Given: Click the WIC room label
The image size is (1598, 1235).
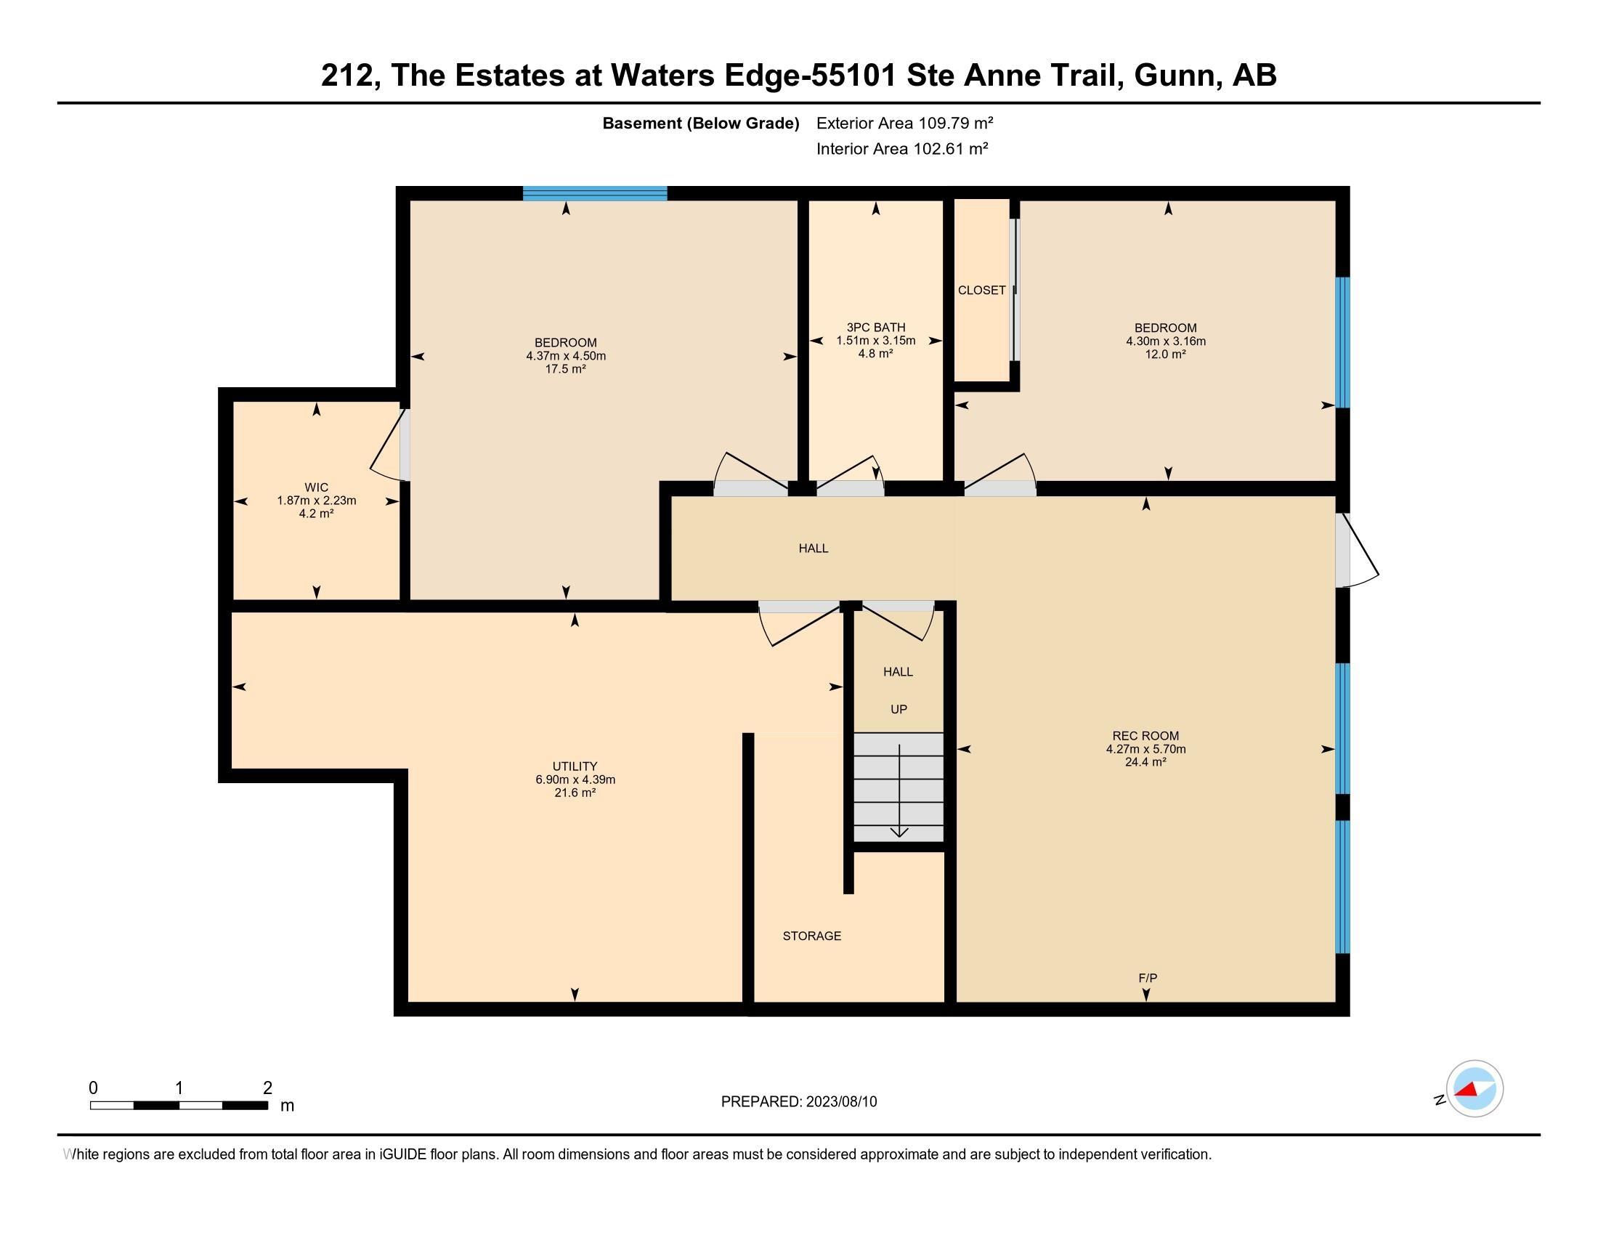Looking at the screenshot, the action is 316,487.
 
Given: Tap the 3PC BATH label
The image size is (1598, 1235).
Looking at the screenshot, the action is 876,328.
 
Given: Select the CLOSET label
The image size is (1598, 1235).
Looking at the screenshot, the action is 981,291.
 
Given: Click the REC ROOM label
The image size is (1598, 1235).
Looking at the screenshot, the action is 1145,736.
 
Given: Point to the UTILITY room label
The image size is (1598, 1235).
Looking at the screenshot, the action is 575,766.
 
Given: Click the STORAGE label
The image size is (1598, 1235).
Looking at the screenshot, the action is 812,936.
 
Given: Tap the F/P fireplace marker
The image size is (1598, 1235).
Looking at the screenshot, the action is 1148,979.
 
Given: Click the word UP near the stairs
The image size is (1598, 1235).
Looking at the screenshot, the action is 899,710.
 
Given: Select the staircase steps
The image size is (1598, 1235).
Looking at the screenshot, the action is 899,787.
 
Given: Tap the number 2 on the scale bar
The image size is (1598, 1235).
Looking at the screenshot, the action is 268,1088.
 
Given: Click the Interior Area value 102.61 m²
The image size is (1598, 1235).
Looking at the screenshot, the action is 951,148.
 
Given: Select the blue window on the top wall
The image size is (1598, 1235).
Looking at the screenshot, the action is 595,193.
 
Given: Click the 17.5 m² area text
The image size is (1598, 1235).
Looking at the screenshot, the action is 566,369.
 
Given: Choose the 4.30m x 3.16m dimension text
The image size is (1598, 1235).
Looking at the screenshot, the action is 1166,341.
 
